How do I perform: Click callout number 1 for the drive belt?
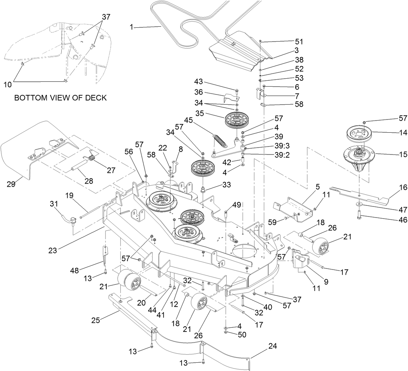click(131, 27)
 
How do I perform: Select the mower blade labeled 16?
click(364, 195)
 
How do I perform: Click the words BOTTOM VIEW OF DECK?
click(60, 98)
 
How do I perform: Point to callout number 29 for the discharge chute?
click(11, 184)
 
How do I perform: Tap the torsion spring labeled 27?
click(91, 159)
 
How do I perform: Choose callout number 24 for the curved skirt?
click(273, 346)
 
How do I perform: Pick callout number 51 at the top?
click(299, 42)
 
